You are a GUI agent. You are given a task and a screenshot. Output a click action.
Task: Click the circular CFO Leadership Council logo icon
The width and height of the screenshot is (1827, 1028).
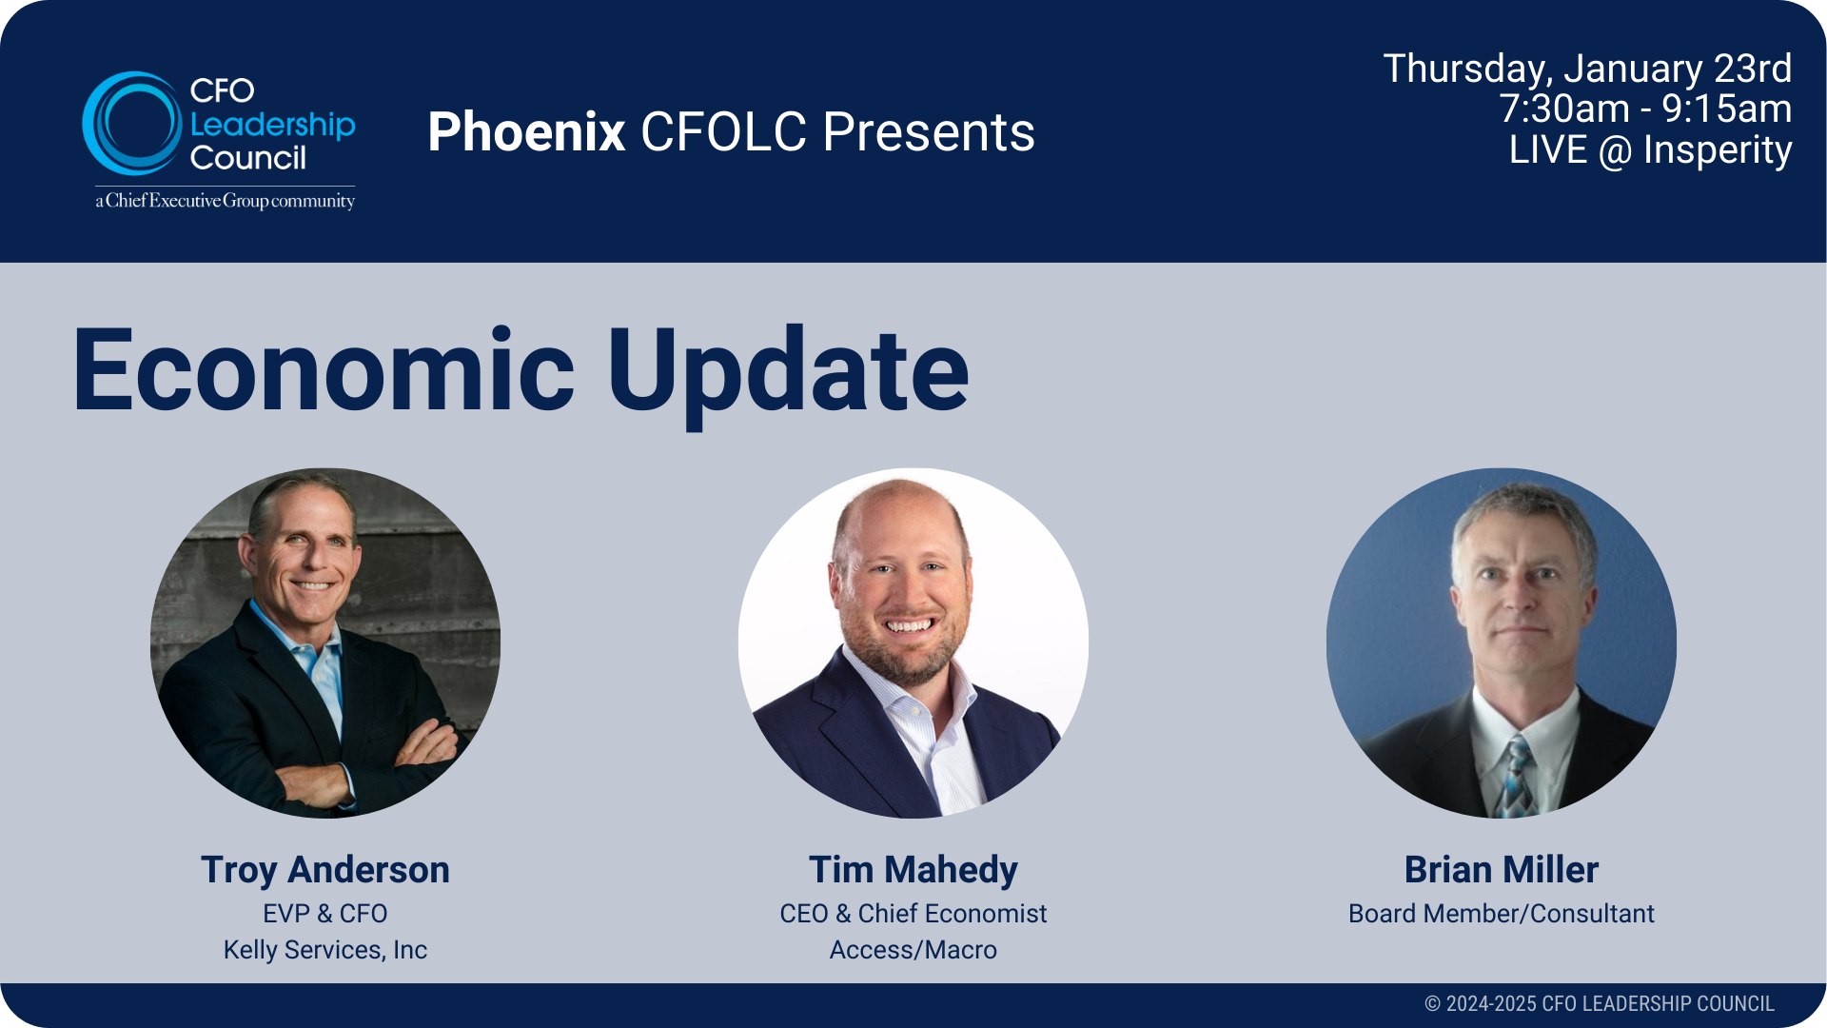coord(131,124)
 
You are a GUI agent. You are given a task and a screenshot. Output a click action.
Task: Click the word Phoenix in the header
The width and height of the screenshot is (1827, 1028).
coord(526,131)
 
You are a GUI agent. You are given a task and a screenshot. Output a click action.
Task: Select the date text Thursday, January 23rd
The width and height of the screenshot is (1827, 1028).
coord(1586,69)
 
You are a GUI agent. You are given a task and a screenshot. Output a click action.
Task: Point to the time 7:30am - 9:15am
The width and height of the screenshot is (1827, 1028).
coord(1645,109)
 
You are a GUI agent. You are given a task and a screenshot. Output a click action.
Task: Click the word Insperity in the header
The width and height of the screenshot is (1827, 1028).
coord(1718,150)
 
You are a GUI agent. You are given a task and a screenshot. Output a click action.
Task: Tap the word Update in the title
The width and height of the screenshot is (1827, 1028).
coord(788,371)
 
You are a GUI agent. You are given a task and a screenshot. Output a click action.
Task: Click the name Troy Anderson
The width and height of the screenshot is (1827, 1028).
coord(325,870)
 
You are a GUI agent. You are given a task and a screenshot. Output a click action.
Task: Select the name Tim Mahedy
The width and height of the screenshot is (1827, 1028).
coord(913,870)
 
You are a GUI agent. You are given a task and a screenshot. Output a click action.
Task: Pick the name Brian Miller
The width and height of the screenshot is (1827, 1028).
coord(1502,870)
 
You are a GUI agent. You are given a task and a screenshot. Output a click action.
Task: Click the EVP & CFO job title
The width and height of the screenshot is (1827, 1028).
coord(325,914)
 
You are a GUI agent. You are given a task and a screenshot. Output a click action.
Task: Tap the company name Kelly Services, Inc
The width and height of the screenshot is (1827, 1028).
coord(325,950)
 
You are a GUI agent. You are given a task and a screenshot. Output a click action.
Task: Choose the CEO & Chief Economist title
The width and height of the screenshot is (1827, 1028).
coord(913,914)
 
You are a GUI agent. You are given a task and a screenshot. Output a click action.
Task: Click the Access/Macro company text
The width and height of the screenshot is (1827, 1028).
coord(913,950)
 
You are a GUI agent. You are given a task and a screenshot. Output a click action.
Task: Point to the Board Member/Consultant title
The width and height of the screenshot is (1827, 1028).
coord(1502,914)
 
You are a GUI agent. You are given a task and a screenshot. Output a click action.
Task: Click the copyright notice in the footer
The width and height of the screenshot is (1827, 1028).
coord(1599,1004)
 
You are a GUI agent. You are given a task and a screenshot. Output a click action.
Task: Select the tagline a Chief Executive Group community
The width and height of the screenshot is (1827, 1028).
coord(225,201)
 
